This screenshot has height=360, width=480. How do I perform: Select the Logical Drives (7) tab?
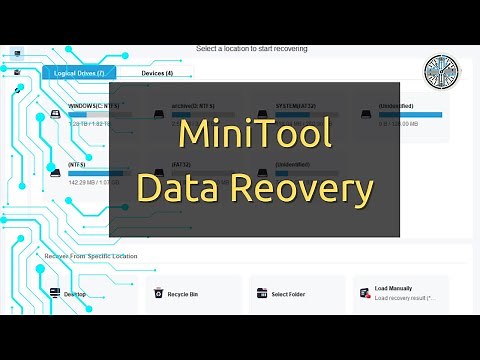79,73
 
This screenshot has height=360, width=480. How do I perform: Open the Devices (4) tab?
157,73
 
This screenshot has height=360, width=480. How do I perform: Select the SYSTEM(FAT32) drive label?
296,105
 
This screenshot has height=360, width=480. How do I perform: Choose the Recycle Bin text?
184,294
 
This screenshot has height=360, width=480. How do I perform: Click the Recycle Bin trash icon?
158,294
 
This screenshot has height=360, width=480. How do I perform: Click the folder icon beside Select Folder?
262,294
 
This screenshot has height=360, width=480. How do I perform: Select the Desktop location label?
76,294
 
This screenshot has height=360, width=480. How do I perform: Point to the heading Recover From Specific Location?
91,256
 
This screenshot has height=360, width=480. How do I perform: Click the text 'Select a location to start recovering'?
251,48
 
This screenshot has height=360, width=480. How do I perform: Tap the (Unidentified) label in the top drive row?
396,105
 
